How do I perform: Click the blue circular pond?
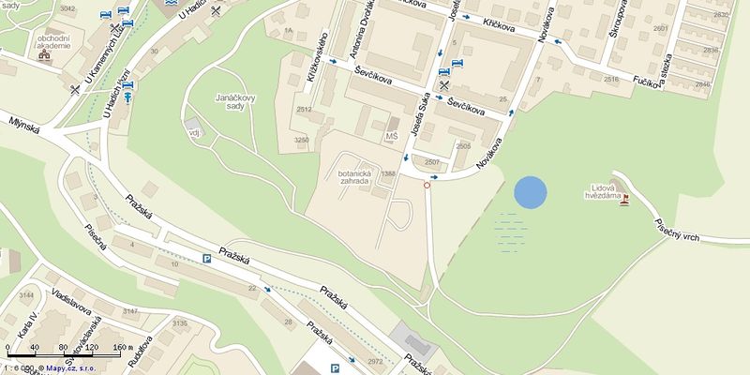(x=530, y=192)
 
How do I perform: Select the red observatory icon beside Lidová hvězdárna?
(x=624, y=200)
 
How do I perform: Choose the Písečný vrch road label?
(x=678, y=231)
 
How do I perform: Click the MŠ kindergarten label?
(x=392, y=137)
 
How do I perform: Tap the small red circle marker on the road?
(x=427, y=185)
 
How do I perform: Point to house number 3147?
(x=130, y=310)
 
